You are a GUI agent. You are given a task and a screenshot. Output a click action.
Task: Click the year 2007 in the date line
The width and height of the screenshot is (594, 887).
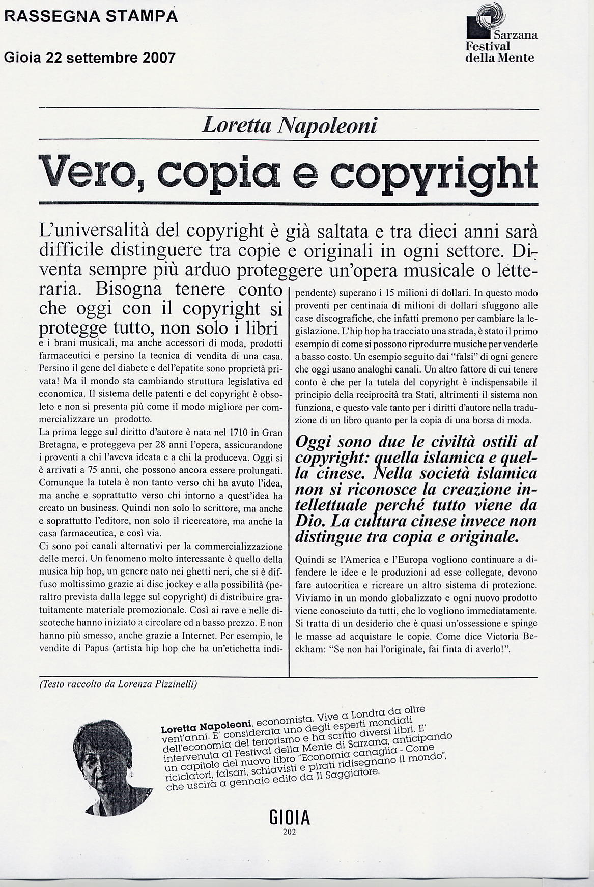[159, 58]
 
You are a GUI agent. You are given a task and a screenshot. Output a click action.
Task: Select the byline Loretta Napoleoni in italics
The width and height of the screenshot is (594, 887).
[289, 125]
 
